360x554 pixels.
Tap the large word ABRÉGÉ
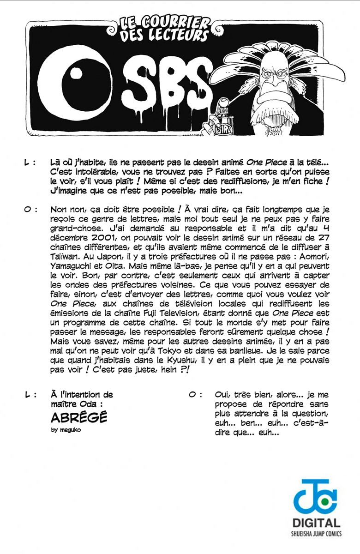pyautogui.click(x=79, y=418)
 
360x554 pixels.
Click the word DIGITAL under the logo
pyautogui.click(x=317, y=524)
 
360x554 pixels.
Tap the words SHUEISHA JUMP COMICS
pyautogui.click(x=317, y=534)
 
